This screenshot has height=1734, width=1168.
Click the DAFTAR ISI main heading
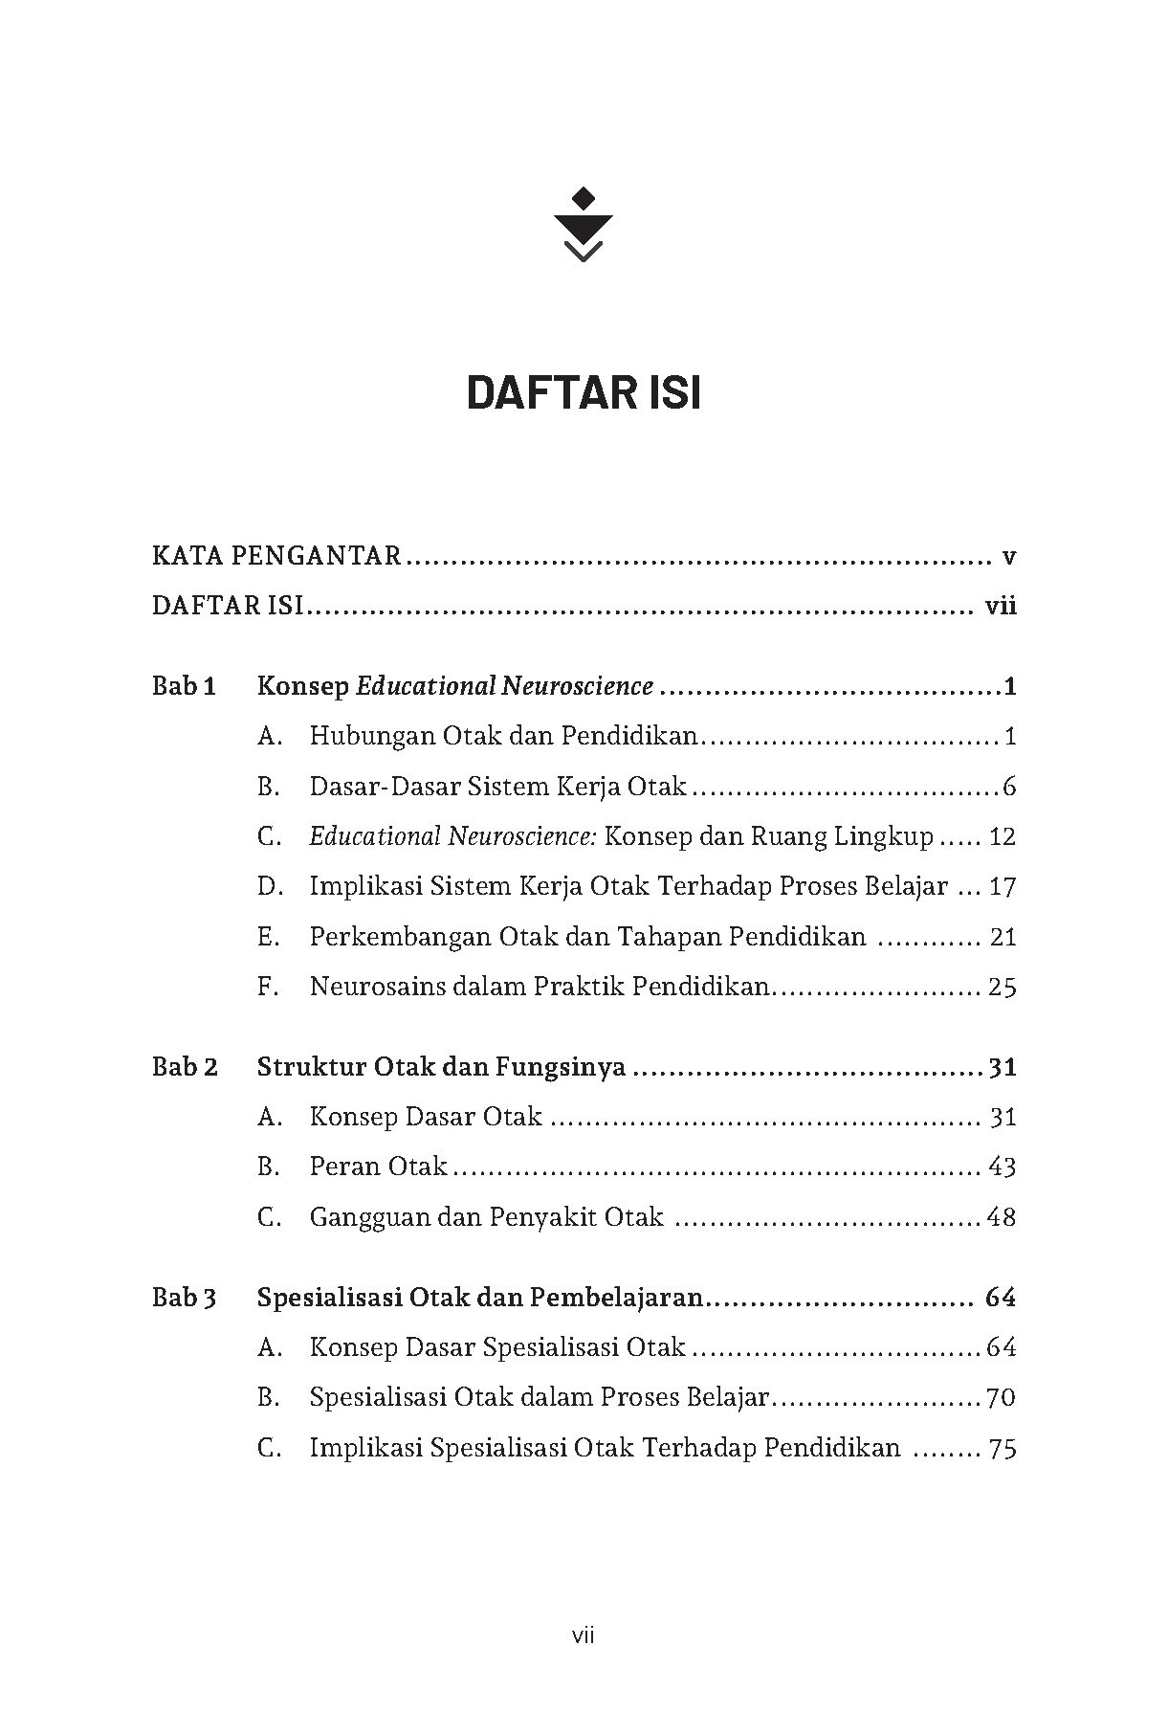tap(584, 393)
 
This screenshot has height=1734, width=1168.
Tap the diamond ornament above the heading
tap(583, 199)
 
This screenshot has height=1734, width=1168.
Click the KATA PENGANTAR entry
tap(276, 556)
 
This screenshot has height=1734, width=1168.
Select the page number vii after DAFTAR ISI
tap(1001, 606)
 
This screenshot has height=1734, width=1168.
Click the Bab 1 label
tap(185, 686)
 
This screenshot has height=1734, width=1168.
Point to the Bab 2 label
tap(185, 1066)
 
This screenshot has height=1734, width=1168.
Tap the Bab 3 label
tap(185, 1298)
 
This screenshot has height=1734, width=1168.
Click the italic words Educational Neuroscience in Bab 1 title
tap(505, 686)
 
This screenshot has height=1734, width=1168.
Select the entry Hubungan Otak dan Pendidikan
tap(504, 736)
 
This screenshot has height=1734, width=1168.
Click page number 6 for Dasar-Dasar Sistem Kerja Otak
tap(1009, 787)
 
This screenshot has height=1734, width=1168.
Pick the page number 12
tap(1002, 836)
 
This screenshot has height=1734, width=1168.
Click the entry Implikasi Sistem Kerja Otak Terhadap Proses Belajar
tap(628, 886)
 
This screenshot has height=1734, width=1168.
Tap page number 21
tap(1003, 936)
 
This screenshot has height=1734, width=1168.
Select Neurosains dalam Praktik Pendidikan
tap(540, 986)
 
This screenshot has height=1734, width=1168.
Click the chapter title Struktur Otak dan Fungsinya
tap(441, 1066)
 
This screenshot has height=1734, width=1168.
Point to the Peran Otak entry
tap(378, 1167)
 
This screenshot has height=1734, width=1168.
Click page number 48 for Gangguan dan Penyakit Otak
tap(1001, 1217)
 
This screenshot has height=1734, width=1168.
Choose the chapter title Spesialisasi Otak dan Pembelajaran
tap(479, 1298)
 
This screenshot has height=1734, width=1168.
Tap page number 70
tap(1001, 1397)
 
